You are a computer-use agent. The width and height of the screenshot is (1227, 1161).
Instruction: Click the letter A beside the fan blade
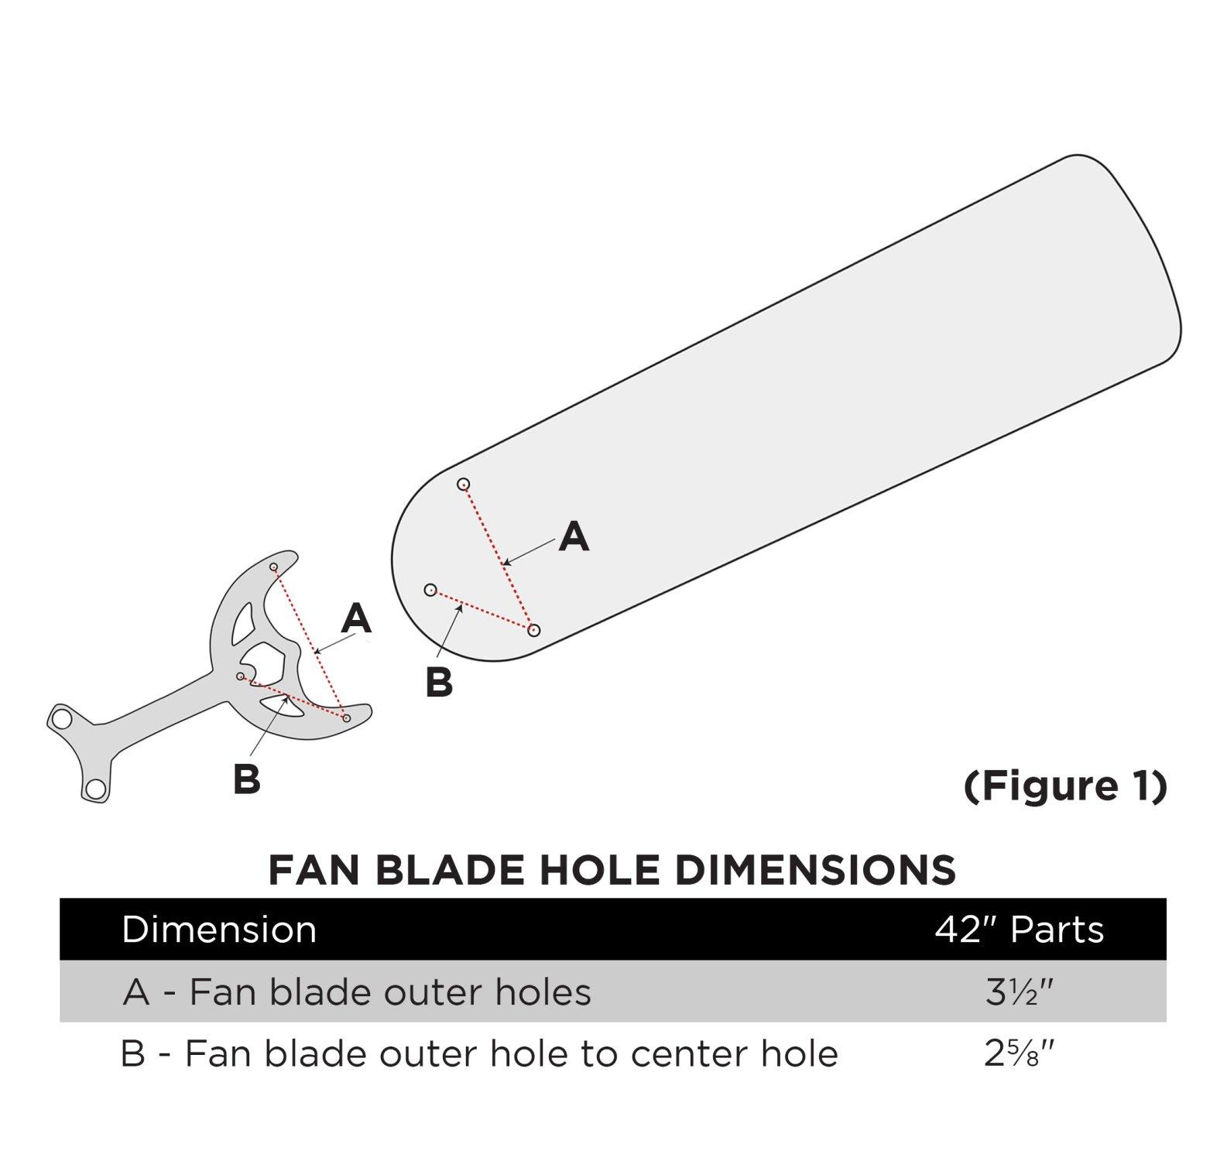pos(574,536)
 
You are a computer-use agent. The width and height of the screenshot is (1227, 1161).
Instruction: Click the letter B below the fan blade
pos(439,683)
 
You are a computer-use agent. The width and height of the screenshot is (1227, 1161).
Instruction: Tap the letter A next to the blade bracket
pos(356,618)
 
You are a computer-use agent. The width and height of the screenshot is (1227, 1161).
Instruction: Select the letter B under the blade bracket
pos(246,779)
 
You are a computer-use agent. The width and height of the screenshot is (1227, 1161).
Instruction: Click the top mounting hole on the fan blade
pos(463,485)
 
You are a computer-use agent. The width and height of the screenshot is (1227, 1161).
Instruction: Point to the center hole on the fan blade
pos(430,590)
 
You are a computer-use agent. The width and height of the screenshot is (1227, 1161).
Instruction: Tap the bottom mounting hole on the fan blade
pos(533,630)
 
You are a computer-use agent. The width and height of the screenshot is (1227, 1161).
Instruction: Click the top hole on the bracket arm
pos(273,567)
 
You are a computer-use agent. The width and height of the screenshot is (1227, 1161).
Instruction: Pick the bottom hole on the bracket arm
pos(346,718)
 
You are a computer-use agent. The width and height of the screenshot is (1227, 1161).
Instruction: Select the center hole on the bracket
pos(241,676)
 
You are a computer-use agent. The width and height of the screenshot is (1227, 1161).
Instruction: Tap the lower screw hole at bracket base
pos(95,789)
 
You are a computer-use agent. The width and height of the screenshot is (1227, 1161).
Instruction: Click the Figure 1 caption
pos(1065,786)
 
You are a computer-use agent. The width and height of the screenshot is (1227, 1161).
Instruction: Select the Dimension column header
pos(219,929)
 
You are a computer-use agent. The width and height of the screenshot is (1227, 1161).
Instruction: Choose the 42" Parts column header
pos(1019,929)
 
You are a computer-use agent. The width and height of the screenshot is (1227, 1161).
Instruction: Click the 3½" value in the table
pos(1020,992)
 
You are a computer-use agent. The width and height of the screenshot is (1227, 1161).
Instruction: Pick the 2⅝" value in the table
pos(1020,1054)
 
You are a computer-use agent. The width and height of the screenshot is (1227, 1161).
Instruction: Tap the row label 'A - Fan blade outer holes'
pos(357,992)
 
